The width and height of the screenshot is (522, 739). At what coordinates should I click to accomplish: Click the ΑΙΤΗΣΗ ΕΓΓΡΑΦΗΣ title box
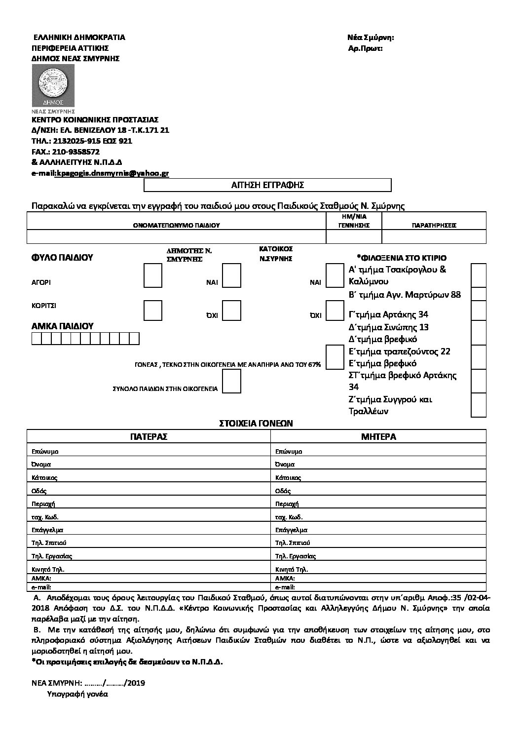pos(267,185)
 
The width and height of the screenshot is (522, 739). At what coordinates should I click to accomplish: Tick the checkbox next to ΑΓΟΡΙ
pos(152,275)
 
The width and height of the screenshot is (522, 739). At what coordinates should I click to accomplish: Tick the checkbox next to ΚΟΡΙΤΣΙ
pos(152,310)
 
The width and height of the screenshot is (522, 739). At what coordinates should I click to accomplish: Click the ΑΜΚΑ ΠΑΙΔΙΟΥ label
pos(62,326)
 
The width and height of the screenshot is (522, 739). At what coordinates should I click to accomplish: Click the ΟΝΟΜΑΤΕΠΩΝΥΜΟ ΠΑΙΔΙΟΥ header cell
pos(176,225)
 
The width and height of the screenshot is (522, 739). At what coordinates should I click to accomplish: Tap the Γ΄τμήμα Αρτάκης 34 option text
pos(388,314)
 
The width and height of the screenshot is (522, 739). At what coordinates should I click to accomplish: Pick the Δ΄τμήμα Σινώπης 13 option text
pos(388,327)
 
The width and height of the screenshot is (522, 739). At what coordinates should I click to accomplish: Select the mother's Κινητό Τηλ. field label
pos(292,569)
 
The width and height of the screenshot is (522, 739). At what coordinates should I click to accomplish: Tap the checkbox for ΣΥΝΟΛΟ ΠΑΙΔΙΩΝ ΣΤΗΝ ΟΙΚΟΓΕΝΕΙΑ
pos(231,381)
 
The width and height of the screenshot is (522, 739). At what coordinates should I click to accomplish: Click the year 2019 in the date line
pos(136,683)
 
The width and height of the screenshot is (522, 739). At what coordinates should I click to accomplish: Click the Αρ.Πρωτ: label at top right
pos(365,48)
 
